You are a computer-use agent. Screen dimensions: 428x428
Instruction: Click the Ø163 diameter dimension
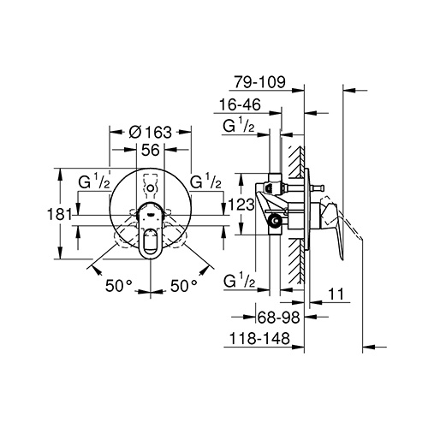[151, 132]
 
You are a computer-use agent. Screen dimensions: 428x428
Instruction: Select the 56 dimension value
[151, 150]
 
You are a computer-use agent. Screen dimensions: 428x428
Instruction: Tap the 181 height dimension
[59, 214]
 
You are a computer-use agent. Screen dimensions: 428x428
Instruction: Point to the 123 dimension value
[241, 205]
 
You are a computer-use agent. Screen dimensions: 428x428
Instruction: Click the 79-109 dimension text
[259, 82]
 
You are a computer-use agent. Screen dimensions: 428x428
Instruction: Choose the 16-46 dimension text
[240, 104]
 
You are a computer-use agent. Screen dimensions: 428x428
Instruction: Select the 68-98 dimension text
[279, 317]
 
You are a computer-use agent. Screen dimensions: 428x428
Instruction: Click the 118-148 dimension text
[259, 339]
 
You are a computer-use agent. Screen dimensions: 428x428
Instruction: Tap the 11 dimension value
[336, 294]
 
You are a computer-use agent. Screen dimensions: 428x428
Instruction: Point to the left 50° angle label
[119, 286]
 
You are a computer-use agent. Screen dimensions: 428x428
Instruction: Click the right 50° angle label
[184, 286]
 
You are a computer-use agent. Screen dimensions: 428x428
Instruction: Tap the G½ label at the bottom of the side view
[239, 280]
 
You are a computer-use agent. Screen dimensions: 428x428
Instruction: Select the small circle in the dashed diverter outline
[151, 188]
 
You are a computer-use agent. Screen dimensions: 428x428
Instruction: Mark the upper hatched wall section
[296, 162]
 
